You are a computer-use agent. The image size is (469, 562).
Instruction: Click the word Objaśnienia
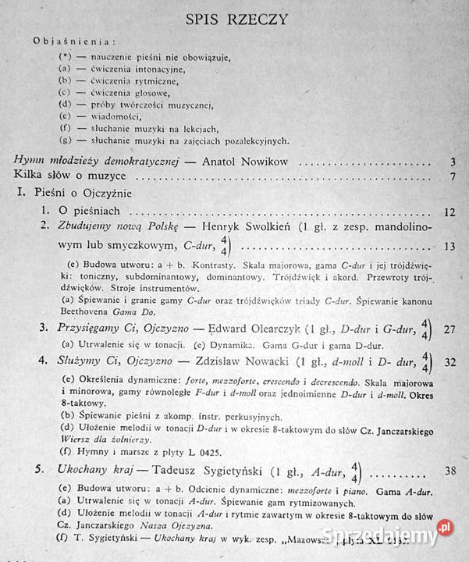pyautogui.click(x=76, y=41)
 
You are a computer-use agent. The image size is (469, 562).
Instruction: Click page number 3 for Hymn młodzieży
pyautogui.click(x=453, y=162)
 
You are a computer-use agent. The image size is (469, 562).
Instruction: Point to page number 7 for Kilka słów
pyautogui.click(x=453, y=176)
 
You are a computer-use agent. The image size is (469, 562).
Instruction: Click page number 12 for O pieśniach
pyautogui.click(x=448, y=211)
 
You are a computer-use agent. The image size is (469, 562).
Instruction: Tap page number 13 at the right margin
pyautogui.click(x=448, y=247)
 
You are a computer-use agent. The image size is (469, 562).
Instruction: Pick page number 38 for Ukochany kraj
pyautogui.click(x=449, y=471)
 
